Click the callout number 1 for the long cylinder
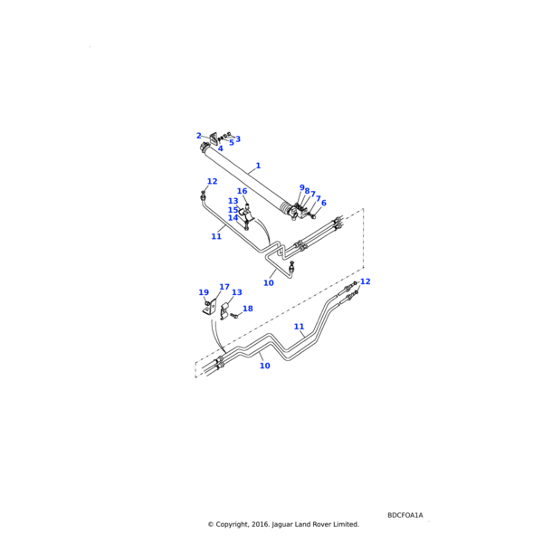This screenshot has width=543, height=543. click(258, 166)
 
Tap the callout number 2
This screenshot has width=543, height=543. click(199, 136)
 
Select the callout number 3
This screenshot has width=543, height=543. click(238, 139)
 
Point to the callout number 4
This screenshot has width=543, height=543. click(220, 148)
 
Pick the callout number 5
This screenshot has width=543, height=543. click(231, 142)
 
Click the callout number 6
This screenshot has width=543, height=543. click(323, 203)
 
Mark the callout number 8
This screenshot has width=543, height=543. click(307, 191)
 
